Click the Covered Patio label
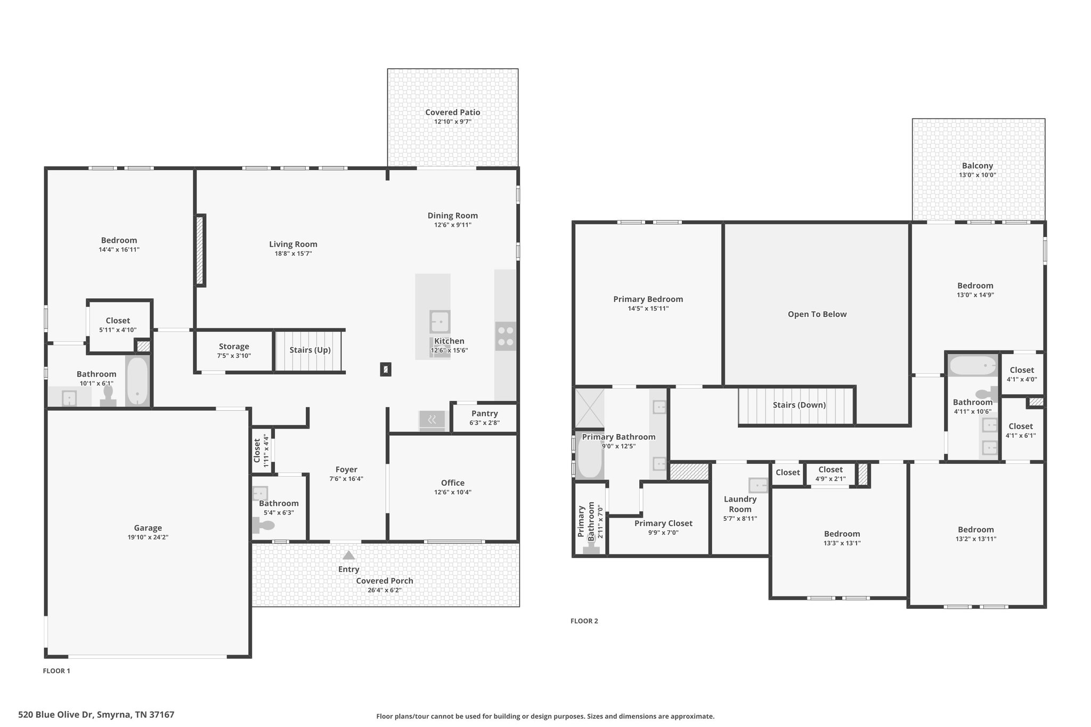point(452,112)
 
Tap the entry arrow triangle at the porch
point(348,555)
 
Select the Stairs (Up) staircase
point(310,350)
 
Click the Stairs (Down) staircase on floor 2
point(796,405)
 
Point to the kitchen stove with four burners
point(506,336)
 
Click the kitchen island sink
point(440,322)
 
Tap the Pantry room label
point(485,413)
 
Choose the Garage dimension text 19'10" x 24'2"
point(148,537)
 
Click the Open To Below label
point(817,314)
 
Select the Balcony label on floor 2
point(978,166)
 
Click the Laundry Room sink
point(758,485)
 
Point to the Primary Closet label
point(663,524)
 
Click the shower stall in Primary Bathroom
point(589,409)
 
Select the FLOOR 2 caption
point(584,621)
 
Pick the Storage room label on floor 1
point(234,346)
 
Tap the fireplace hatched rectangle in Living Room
point(200,250)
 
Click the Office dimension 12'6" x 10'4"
point(453,492)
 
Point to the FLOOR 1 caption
point(56,671)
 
